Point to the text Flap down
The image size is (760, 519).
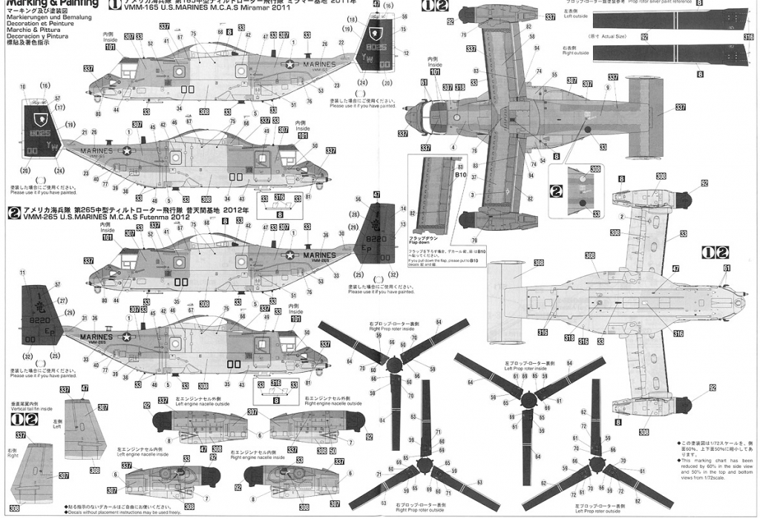(423, 242)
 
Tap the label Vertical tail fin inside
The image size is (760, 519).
(31, 408)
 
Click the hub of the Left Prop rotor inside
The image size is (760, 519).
(528, 399)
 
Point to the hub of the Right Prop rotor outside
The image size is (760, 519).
(424, 466)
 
